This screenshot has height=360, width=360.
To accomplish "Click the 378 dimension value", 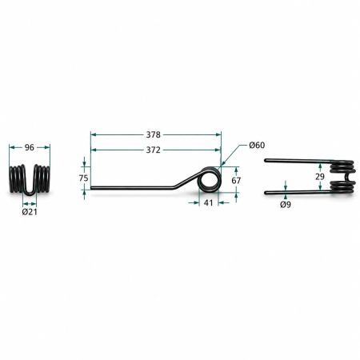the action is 154,134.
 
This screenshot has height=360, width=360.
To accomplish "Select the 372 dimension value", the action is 154,150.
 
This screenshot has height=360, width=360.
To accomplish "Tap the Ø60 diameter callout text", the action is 257,145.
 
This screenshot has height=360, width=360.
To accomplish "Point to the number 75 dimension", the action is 83,178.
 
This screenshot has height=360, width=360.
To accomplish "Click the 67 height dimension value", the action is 236,181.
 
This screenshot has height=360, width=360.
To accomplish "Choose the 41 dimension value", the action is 208,203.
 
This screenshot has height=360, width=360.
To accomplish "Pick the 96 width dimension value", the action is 30,147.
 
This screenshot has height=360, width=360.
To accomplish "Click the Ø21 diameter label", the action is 30,212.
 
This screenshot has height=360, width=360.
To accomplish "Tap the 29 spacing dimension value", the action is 319,177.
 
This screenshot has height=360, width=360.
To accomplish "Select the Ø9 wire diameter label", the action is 286,205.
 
